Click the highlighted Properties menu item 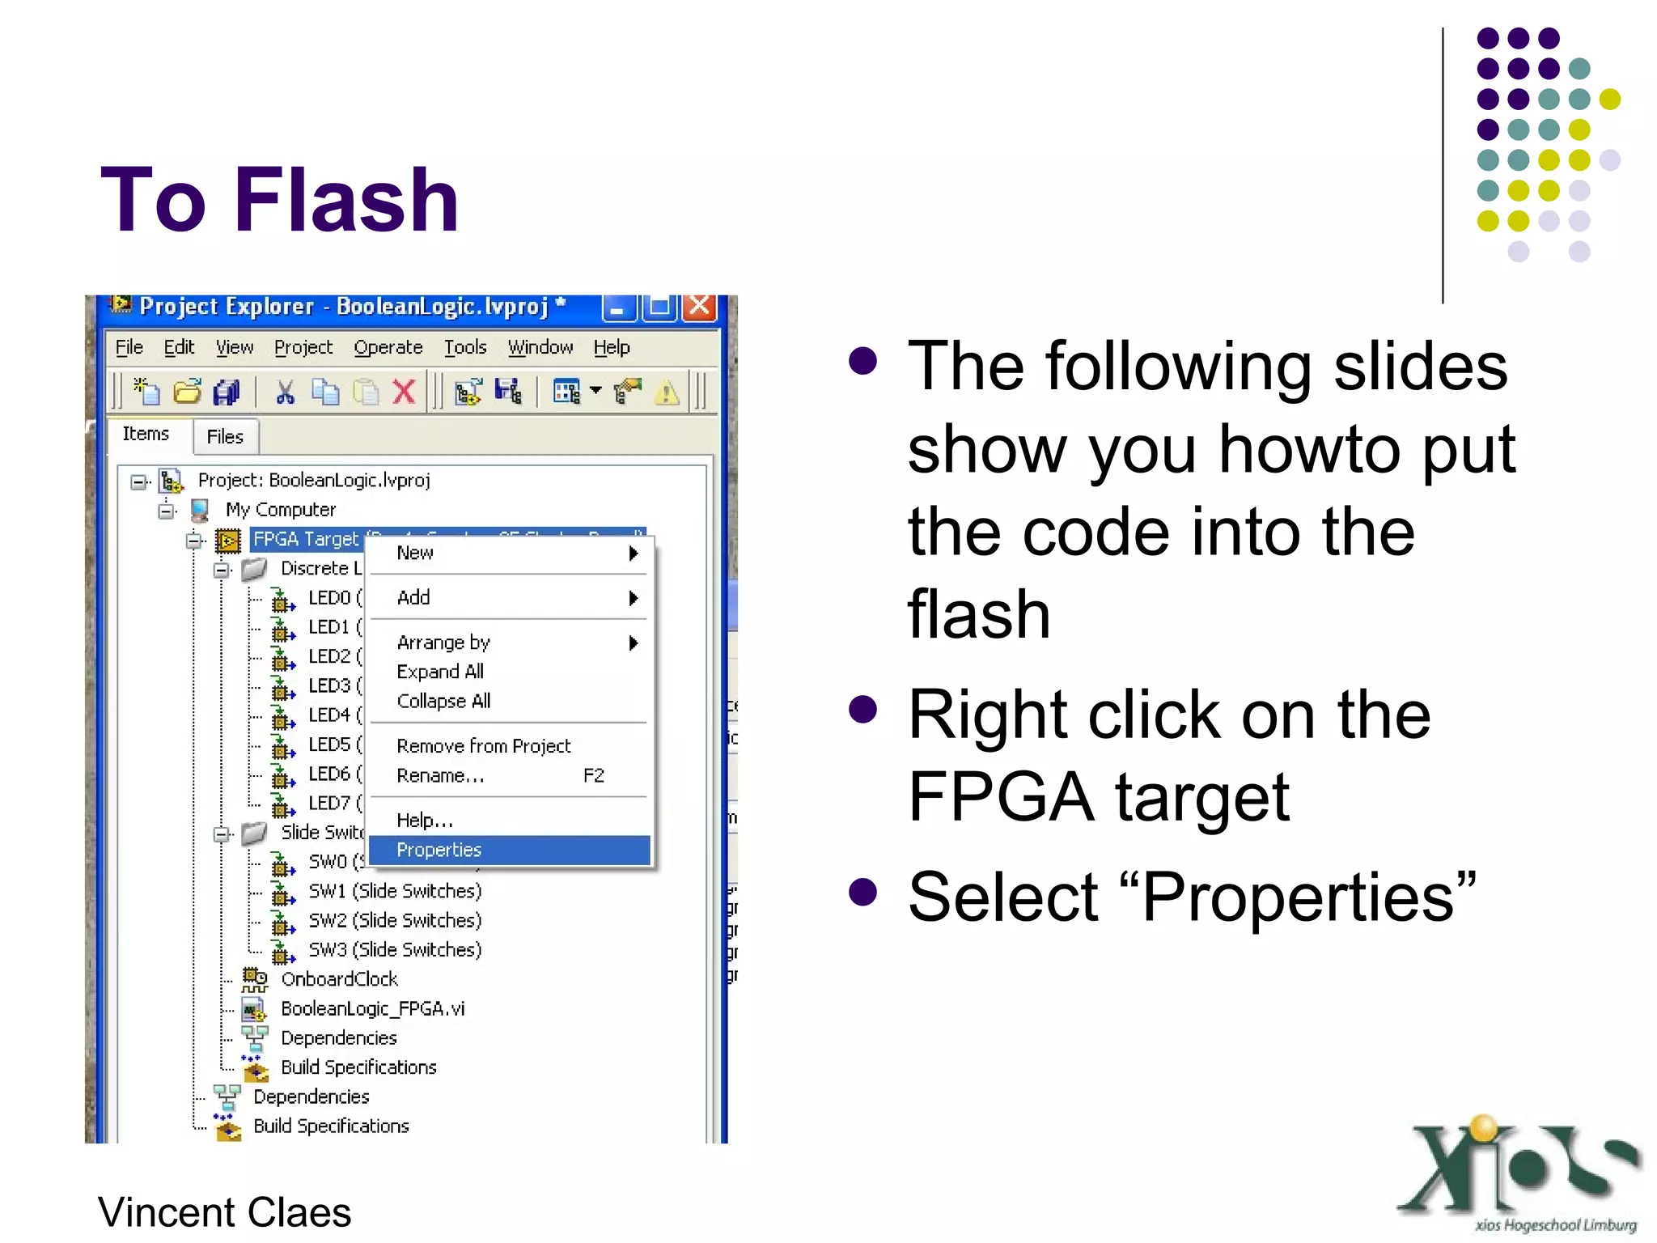(x=439, y=850)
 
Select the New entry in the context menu (x=415, y=553)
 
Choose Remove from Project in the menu (x=483, y=745)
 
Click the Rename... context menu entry (x=440, y=775)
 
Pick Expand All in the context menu (x=440, y=672)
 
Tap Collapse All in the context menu (x=443, y=701)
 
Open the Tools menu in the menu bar (x=465, y=347)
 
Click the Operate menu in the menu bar (x=388, y=347)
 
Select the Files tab (x=225, y=437)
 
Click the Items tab (x=146, y=434)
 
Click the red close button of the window (x=700, y=308)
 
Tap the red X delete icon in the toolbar (x=404, y=392)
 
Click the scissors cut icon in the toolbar (x=285, y=392)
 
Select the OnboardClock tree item (x=339, y=979)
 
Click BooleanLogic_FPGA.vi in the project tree (x=372, y=1008)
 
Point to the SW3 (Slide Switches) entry (x=395, y=949)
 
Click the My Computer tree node (x=280, y=510)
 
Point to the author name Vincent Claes (x=225, y=1212)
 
